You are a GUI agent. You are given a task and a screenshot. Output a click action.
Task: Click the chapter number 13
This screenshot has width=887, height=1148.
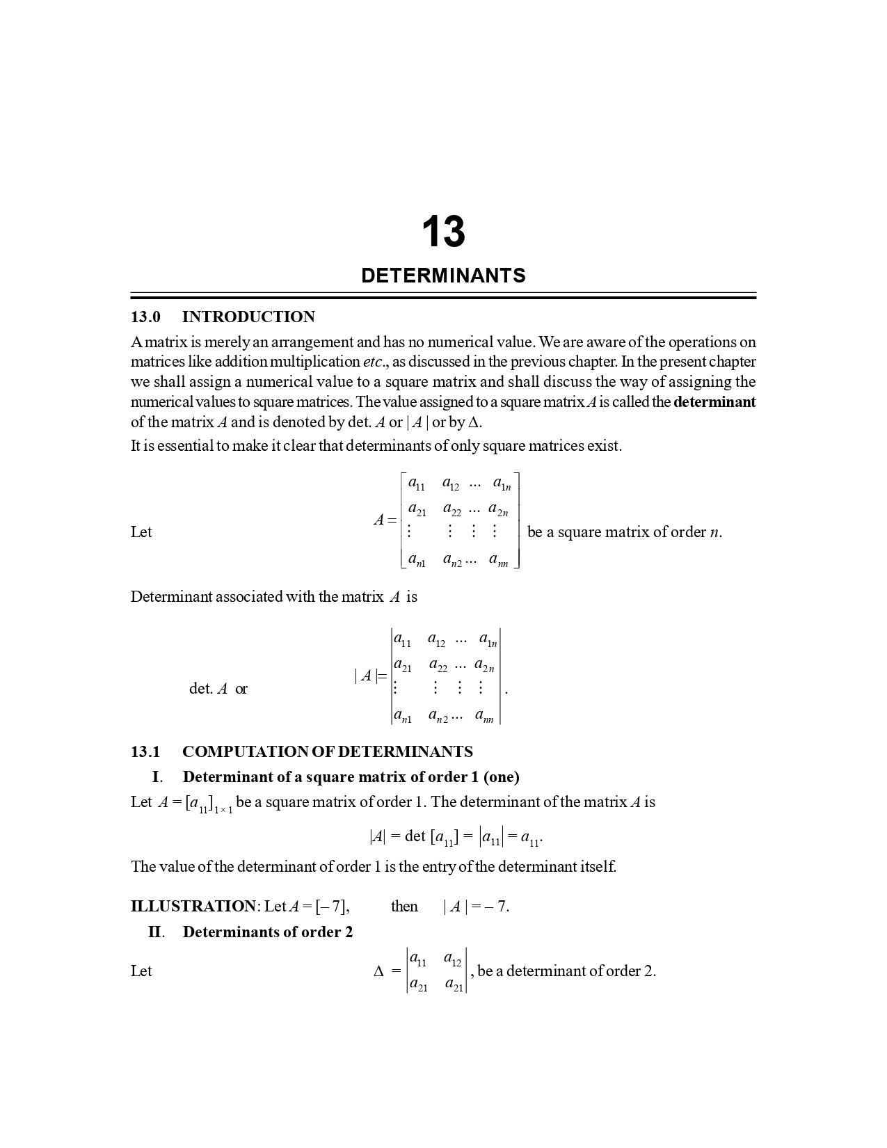tap(443, 232)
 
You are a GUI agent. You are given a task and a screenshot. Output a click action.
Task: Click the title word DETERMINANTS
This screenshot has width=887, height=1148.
tap(443, 276)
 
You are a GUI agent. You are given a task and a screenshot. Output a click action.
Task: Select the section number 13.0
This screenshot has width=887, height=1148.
tap(145, 317)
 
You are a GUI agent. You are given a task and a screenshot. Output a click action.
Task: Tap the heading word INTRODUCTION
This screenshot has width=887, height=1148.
tap(248, 317)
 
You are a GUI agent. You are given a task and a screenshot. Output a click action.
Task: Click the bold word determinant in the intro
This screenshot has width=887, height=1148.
tap(714, 402)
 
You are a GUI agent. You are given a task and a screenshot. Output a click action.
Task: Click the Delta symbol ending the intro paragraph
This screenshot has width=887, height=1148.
tap(475, 422)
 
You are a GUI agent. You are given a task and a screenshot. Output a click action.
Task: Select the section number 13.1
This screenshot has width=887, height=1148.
tap(145, 752)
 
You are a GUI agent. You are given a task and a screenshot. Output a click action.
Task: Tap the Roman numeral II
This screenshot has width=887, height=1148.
tap(156, 932)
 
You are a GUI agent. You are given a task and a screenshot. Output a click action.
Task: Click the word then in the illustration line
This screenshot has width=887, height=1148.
tap(404, 907)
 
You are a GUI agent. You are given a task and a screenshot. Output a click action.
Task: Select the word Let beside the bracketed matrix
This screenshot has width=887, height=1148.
tap(141, 532)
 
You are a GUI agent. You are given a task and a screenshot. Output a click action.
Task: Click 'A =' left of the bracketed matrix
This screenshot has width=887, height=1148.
tap(385, 520)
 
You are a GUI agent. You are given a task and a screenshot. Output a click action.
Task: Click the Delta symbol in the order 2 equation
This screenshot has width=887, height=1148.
tap(379, 971)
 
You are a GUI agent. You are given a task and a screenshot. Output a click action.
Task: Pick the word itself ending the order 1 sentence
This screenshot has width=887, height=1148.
tap(598, 867)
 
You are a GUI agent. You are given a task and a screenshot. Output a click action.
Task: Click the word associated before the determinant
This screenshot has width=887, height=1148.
tap(249, 597)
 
